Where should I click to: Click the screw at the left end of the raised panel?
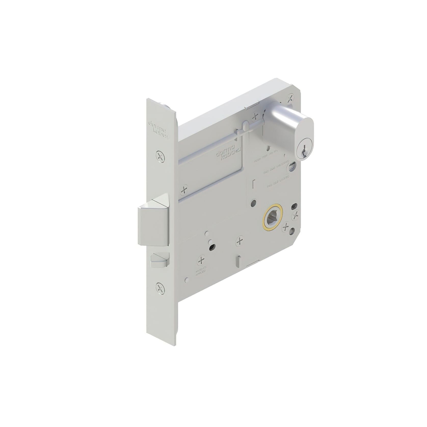point(184,190)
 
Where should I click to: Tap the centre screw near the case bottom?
point(240,241)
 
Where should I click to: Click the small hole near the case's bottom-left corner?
point(187,280)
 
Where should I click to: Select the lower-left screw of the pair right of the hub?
point(286,226)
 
